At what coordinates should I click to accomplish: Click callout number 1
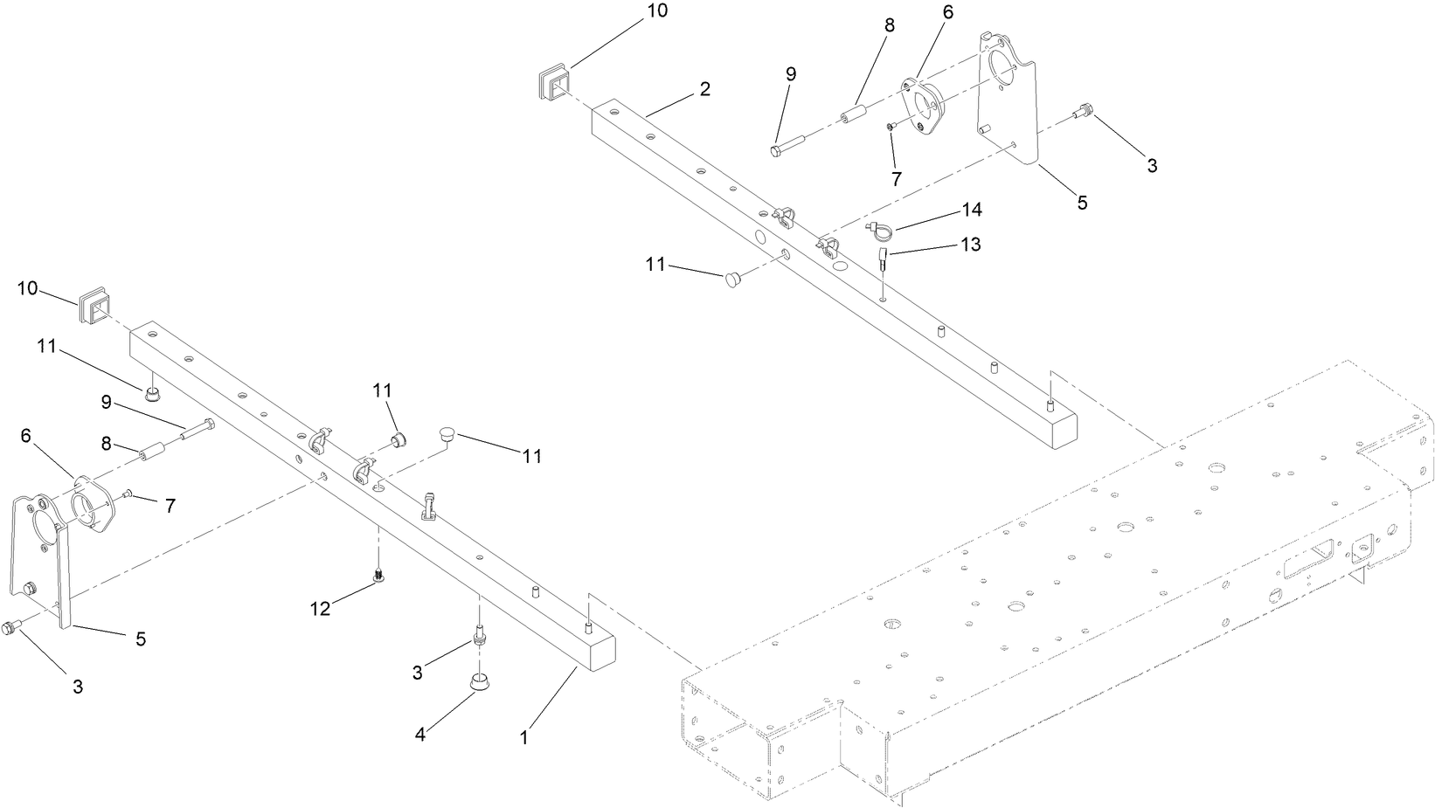(523, 737)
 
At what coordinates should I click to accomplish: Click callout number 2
(704, 89)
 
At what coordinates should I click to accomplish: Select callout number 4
(420, 735)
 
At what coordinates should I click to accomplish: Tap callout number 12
(321, 608)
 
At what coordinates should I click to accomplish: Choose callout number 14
(972, 210)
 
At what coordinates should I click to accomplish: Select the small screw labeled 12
(379, 575)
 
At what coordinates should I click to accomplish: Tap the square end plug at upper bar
(552, 81)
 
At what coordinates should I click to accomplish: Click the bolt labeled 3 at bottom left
(11, 627)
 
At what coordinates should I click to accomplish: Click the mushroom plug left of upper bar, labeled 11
(732, 279)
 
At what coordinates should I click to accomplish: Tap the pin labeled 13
(884, 259)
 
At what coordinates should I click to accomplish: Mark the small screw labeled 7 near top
(891, 128)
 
